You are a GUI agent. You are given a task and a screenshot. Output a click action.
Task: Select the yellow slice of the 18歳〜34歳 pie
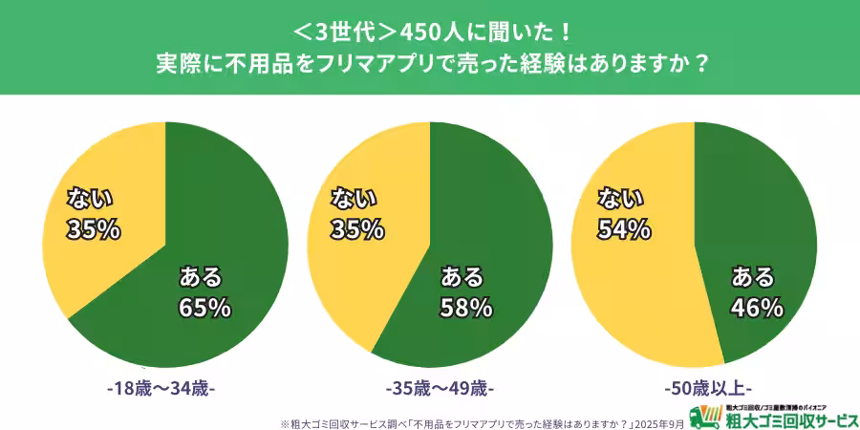click(96, 248)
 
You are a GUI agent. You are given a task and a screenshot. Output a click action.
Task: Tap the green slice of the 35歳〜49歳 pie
click(487, 210)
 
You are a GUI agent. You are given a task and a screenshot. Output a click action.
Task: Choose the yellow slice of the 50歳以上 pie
click(631, 287)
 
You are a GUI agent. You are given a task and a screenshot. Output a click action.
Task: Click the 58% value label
click(466, 308)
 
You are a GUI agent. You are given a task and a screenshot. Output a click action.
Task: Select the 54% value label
click(624, 229)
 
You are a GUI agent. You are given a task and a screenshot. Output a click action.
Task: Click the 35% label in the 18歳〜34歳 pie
click(93, 229)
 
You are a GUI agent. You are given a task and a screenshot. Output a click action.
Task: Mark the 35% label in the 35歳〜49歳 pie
click(357, 229)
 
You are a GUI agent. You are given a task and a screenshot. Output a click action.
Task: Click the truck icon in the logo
click(707, 417)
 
